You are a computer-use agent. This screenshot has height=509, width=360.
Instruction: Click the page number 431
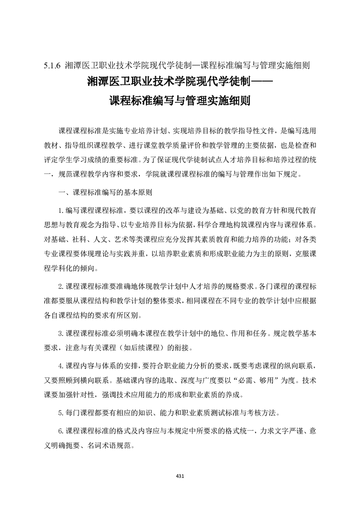(180, 476)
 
